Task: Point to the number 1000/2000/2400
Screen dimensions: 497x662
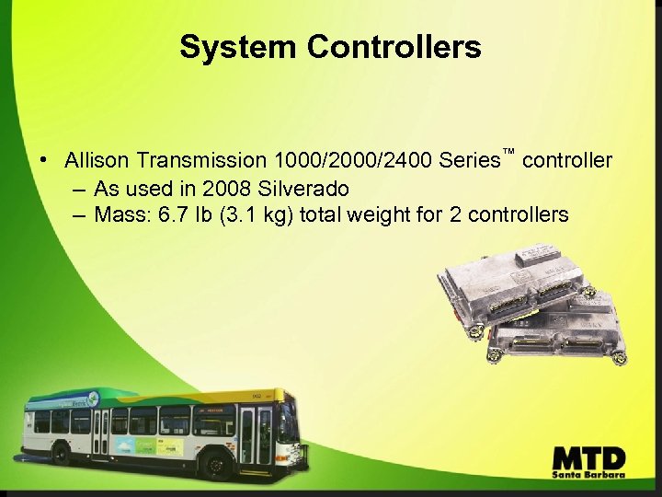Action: (x=353, y=160)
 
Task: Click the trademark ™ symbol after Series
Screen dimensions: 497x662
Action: (x=507, y=151)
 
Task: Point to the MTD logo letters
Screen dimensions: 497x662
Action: (x=589, y=457)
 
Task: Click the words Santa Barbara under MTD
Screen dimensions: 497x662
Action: (x=589, y=474)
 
